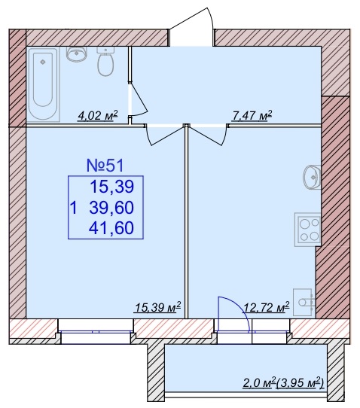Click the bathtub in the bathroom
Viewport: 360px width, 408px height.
tap(44, 84)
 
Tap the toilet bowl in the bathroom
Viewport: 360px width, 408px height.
tap(105, 61)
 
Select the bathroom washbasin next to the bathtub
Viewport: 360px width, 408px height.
tap(77, 53)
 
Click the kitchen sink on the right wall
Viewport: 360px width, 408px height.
tap(312, 177)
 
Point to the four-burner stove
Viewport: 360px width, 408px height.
tap(308, 230)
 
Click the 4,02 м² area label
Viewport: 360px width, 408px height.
tap(98, 115)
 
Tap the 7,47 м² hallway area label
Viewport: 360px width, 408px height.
tap(252, 115)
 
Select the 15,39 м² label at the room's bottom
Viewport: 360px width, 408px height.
tap(157, 307)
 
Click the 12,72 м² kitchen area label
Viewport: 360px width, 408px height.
tap(267, 307)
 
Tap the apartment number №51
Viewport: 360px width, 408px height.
tap(105, 165)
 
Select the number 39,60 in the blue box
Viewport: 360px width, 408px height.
tap(111, 207)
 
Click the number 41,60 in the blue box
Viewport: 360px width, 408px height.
tap(111, 227)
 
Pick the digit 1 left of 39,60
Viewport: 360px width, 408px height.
tap(74, 208)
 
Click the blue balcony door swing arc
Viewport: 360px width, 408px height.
tap(241, 307)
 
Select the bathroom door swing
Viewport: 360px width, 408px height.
tap(138, 99)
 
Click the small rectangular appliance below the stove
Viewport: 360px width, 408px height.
tap(304, 302)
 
